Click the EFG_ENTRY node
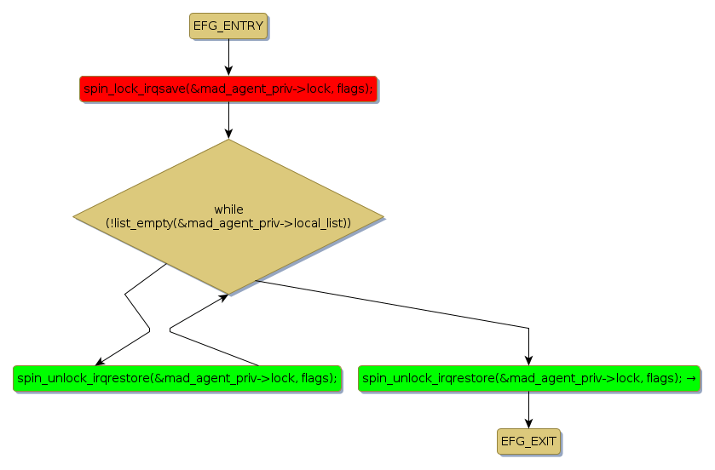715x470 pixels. point(228,26)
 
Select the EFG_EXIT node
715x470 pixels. point(528,441)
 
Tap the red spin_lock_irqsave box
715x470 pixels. point(228,89)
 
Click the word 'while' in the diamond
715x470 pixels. point(228,209)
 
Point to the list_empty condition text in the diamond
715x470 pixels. point(228,222)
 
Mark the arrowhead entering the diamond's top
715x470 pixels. point(228,133)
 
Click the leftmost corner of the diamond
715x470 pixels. point(74,216)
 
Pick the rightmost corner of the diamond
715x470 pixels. point(383,216)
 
